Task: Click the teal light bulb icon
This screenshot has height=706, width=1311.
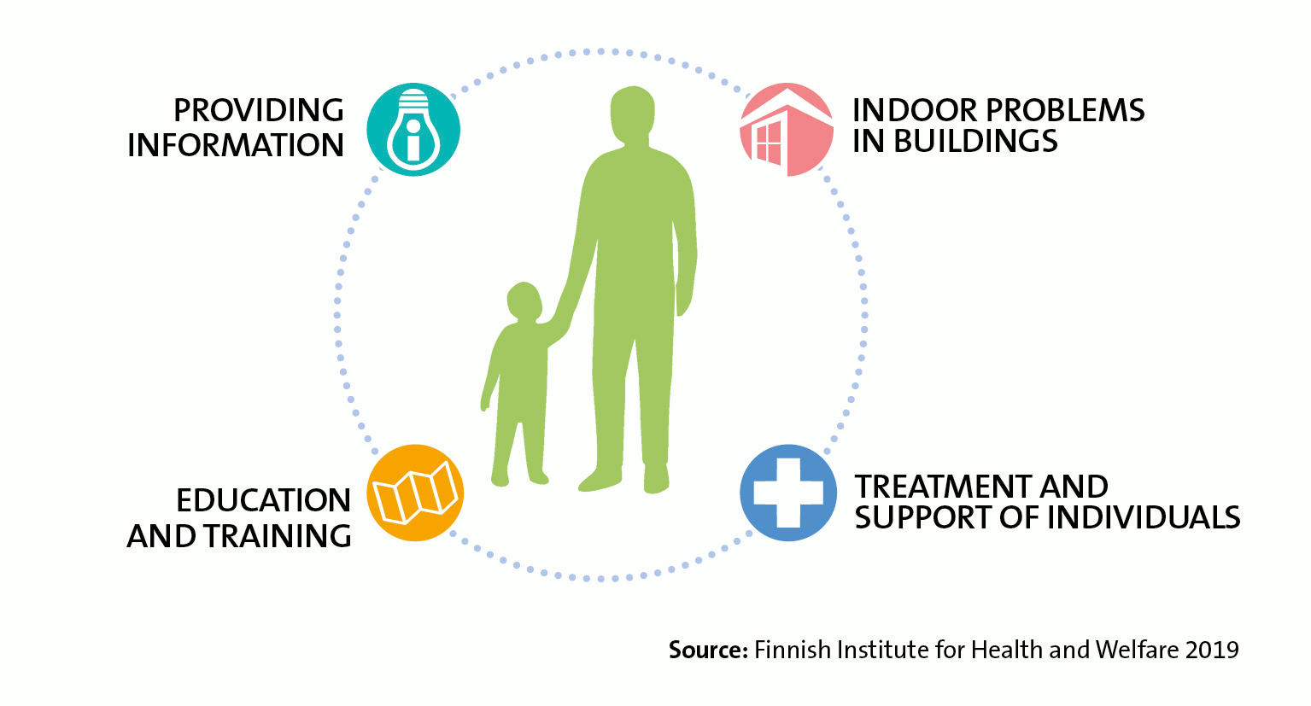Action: point(413,130)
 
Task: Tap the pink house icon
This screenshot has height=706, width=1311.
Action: point(786,130)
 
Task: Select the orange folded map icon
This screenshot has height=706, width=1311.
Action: point(415,493)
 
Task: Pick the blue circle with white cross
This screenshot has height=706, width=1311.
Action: point(787,493)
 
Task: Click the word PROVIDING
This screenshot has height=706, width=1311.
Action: point(258,111)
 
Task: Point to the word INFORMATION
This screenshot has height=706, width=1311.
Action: point(236,146)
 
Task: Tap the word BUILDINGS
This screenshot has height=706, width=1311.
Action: point(975,142)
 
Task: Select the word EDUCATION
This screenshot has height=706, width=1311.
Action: point(263,501)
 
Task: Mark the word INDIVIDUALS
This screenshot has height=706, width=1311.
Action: point(1143,518)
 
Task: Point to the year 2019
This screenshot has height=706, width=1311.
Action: point(1212,651)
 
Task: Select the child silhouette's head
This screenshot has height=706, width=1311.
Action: point(524,301)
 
